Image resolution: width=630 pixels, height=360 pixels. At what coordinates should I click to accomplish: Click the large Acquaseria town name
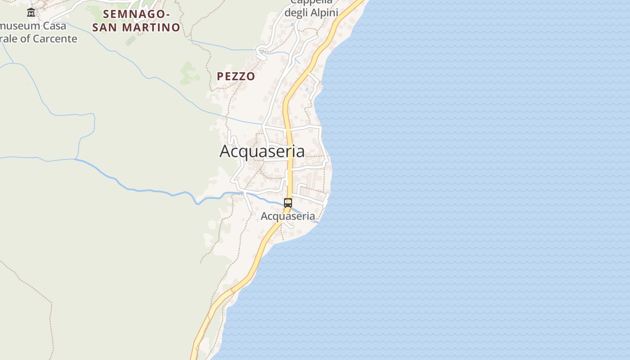tap(262, 151)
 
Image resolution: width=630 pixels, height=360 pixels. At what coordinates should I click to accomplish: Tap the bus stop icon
tap(288, 202)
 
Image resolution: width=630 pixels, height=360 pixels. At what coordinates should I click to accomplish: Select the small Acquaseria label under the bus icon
tap(288, 216)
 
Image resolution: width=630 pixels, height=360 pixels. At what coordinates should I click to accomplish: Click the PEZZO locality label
tap(236, 76)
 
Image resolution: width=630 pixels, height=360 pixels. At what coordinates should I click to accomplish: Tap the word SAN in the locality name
tap(105, 27)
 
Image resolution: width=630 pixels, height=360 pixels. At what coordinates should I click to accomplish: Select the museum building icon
tap(31, 13)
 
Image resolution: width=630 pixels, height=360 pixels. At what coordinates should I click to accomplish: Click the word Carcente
tap(55, 39)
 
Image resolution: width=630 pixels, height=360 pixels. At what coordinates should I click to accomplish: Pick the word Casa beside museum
tap(54, 26)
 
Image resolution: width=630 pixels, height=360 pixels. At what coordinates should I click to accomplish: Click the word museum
tap(20, 26)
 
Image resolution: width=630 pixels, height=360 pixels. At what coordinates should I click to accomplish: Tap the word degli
tap(296, 13)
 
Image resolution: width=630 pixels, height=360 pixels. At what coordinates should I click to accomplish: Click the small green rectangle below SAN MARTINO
tap(130, 40)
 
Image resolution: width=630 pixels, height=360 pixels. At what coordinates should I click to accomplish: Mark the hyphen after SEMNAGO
tap(167, 14)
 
